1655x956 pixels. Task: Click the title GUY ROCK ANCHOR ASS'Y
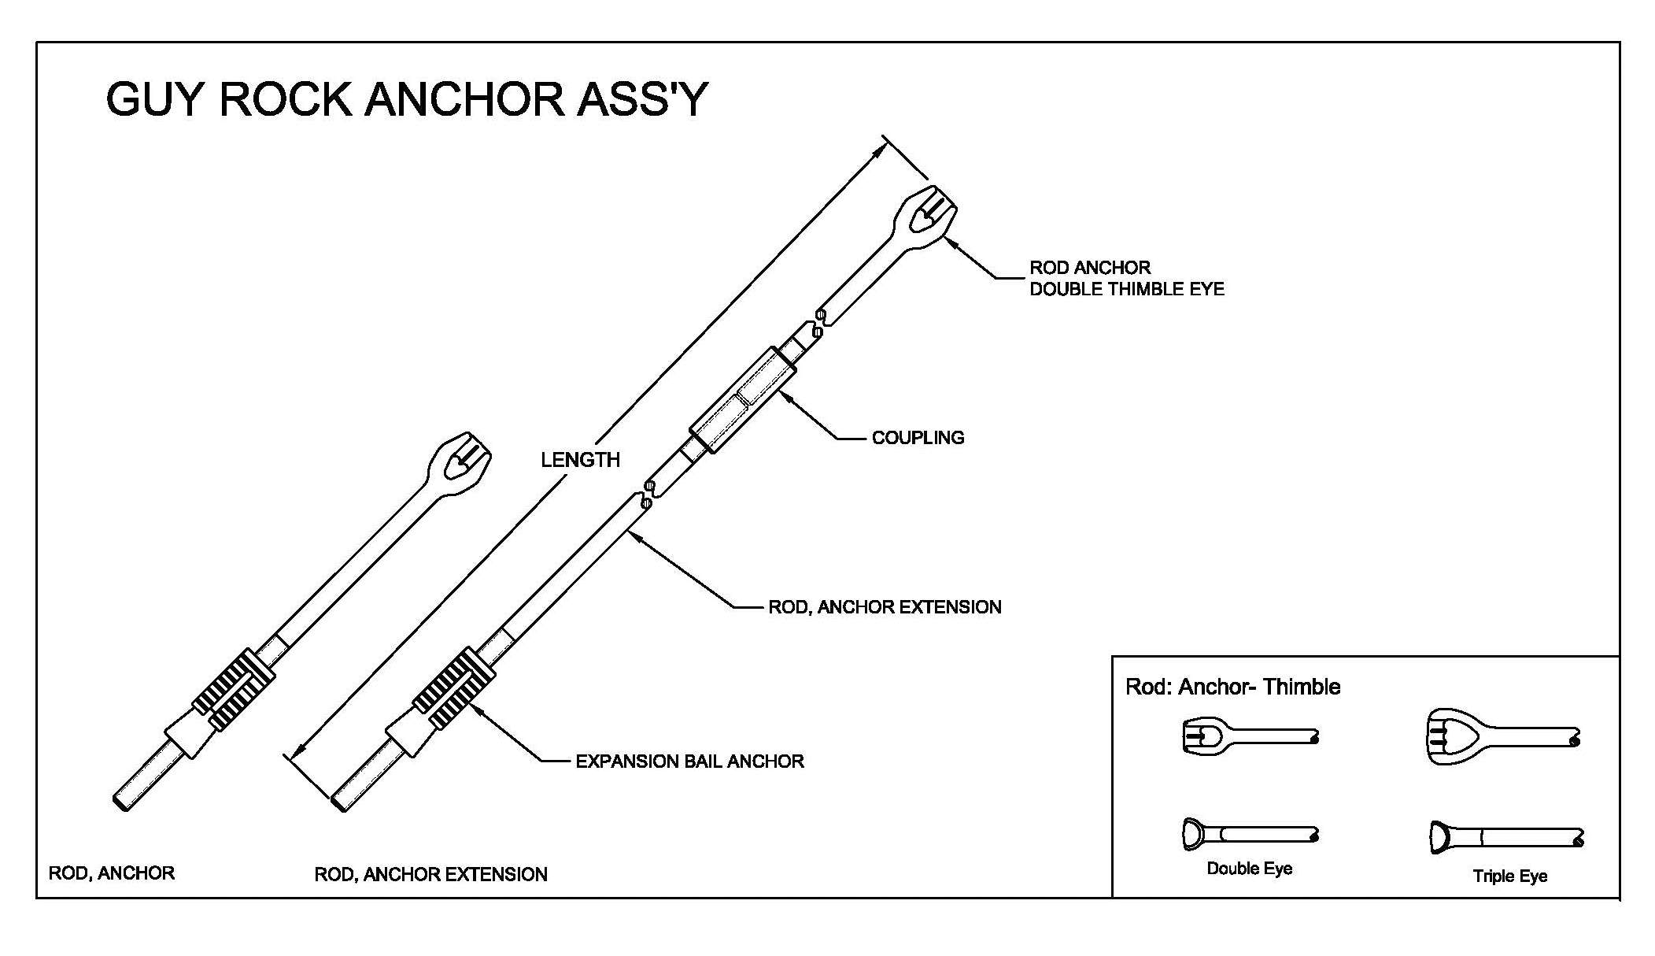[406, 100]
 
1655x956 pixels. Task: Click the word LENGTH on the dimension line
[580, 460]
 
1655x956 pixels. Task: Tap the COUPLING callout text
[918, 438]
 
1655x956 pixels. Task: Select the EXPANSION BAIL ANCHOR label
[689, 761]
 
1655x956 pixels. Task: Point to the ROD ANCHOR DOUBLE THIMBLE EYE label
[1126, 279]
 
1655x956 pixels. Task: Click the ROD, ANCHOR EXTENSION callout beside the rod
[885, 607]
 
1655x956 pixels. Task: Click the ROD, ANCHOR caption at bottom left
[112, 873]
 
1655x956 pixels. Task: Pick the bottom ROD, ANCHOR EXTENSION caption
[430, 875]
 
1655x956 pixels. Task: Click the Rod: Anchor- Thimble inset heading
[1232, 687]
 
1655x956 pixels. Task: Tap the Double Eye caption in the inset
[1249, 869]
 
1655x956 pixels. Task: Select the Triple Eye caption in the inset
[1509, 876]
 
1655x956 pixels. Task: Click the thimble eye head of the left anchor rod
[459, 464]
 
